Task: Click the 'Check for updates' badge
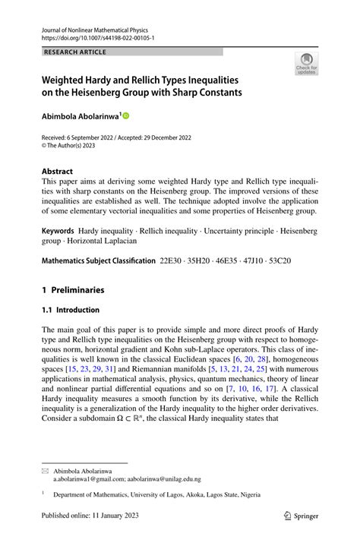click(x=307, y=64)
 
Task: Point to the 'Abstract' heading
click(x=59, y=172)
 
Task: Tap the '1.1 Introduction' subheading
click(x=70, y=310)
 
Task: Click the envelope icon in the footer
click(x=44, y=472)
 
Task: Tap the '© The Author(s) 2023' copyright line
click(x=75, y=147)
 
